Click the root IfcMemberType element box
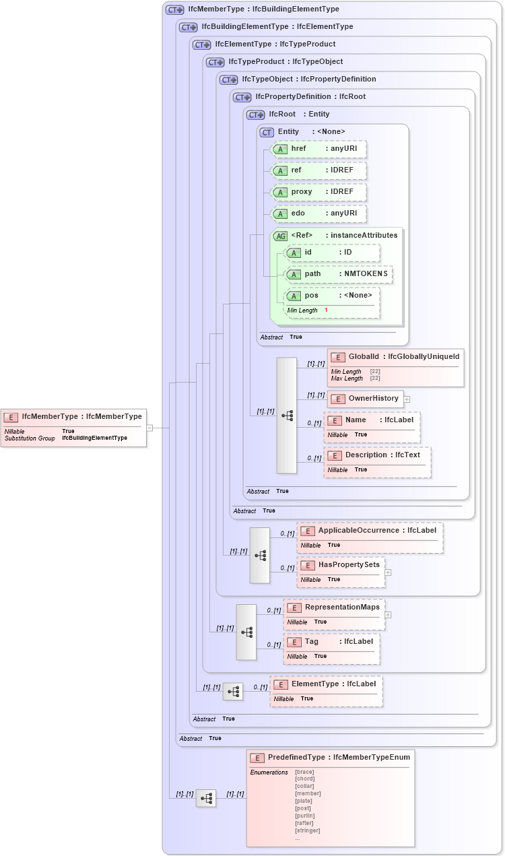click(73, 427)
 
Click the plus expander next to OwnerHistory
click(407, 399)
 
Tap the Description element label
click(382, 455)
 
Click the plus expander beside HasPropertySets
click(388, 572)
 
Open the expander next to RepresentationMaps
click(388, 614)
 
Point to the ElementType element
click(326, 684)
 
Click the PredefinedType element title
click(330, 757)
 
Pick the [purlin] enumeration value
click(304, 816)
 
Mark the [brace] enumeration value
click(304, 772)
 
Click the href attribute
click(319, 149)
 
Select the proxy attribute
click(319, 192)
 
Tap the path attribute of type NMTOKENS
click(339, 274)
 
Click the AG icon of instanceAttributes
click(280, 236)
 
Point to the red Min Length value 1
click(326, 310)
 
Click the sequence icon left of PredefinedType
click(206, 798)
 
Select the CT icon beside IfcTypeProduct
click(215, 62)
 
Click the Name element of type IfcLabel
click(372, 420)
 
